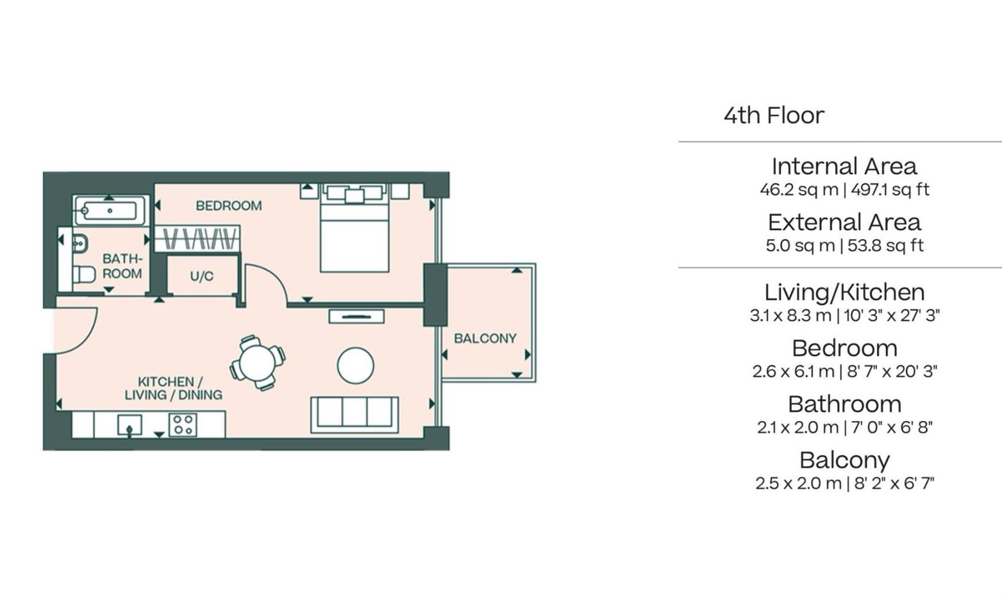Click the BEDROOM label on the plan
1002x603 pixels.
coord(228,206)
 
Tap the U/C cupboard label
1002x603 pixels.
coord(201,276)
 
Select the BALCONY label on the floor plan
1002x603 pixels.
coord(485,338)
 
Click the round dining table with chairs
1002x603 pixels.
coord(258,363)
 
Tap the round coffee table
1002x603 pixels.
coord(355,365)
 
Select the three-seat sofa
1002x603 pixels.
coord(355,413)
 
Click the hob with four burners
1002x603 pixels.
coord(183,425)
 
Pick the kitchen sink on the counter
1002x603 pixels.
coord(129,425)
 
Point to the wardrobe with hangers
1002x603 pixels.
coord(198,238)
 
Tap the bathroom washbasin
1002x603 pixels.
coord(79,244)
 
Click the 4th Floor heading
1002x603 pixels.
coord(774,115)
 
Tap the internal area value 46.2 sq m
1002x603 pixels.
coord(799,190)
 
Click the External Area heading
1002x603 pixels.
coord(844,222)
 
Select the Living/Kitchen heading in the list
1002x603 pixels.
coord(844,292)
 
